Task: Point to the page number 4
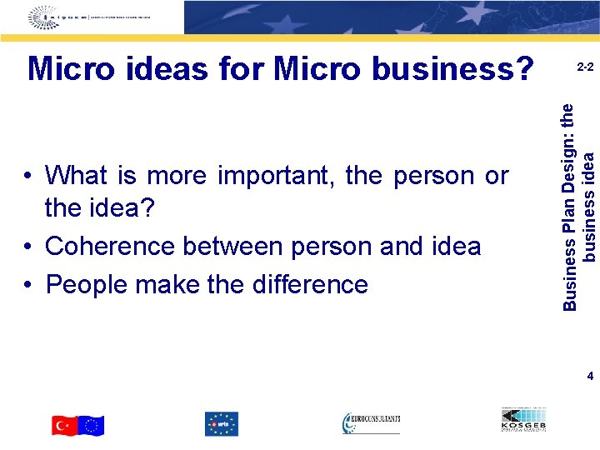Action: pos(590,377)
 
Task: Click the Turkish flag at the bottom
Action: pos(64,425)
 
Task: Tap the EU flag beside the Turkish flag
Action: pos(92,425)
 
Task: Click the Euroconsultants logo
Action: pos(371,423)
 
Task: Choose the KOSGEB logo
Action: pos(524,421)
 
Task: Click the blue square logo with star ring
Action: pos(221,424)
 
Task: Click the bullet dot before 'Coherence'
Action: pos(29,247)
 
